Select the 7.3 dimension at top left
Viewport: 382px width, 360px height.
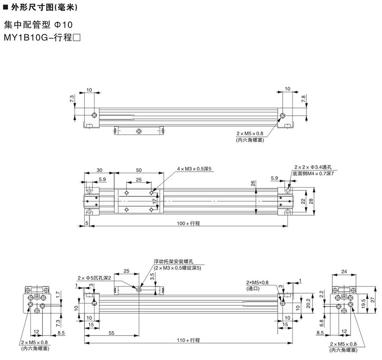pyautogui.click(x=72, y=99)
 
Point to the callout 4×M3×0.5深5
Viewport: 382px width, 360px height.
pyautogui.click(x=194, y=168)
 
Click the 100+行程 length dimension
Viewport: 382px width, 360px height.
pyautogui.click(x=189, y=223)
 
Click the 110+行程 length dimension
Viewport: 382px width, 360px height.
pyautogui.click(x=189, y=340)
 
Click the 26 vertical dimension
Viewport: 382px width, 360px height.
pyautogui.click(x=253, y=183)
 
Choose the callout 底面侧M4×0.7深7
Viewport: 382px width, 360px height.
pyautogui.click(x=313, y=174)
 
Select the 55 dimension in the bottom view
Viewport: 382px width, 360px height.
pyautogui.click(x=111, y=333)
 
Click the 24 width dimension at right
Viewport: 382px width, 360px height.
pyautogui.click(x=343, y=272)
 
